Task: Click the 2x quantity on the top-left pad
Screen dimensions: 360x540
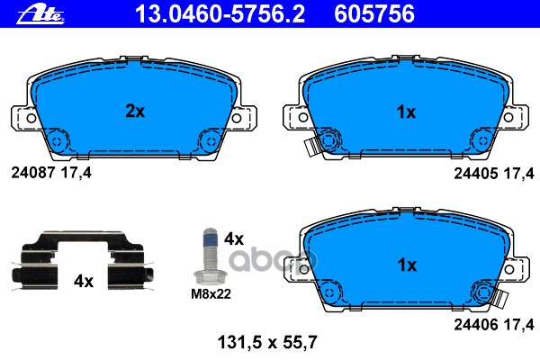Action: [x=134, y=112]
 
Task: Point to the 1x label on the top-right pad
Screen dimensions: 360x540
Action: [x=406, y=112]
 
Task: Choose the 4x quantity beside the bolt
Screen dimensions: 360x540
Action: [x=234, y=238]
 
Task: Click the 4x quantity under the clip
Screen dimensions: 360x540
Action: [x=84, y=281]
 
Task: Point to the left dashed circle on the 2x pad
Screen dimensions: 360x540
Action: [x=58, y=141]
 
